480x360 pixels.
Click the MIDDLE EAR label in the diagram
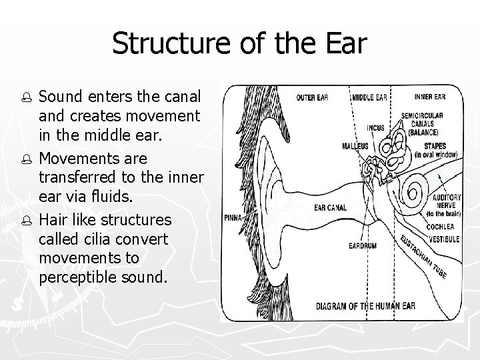click(x=369, y=97)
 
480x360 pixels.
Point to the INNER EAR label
click(x=431, y=97)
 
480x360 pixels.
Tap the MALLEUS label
click(x=355, y=145)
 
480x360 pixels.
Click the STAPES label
click(x=434, y=145)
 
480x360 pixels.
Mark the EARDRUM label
click(x=362, y=246)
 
